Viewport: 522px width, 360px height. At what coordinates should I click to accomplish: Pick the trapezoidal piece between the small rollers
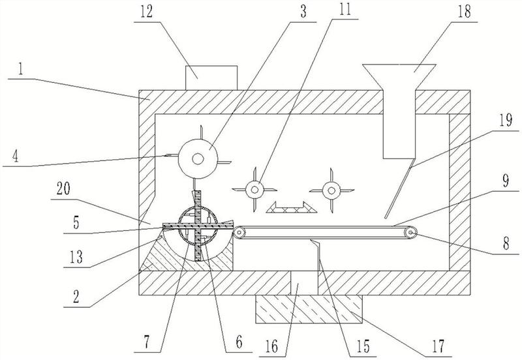288,207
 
